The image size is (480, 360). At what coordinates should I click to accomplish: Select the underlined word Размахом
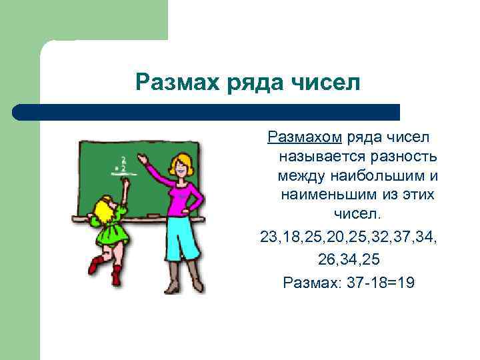click(x=305, y=137)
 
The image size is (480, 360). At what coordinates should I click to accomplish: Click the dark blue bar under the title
click(x=207, y=111)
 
